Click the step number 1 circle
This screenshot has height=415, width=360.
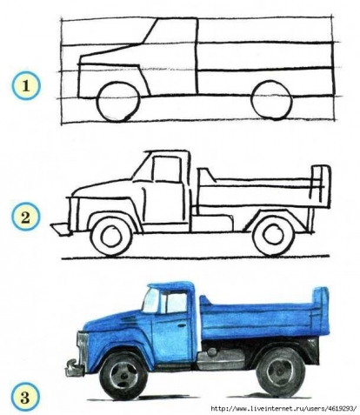25,86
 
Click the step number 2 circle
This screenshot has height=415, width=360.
25,217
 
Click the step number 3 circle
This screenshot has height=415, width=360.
25,397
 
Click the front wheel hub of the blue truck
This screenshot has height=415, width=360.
123,376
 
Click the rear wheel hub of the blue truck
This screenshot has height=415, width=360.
280,372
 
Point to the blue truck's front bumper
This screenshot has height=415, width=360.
72,367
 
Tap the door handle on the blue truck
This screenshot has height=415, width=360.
182,325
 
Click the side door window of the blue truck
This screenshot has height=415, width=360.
177,304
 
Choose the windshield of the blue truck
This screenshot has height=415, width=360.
151,301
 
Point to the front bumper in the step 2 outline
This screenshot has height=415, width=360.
61,229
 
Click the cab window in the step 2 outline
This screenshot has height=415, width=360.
167,169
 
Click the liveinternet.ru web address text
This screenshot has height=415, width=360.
283,409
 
